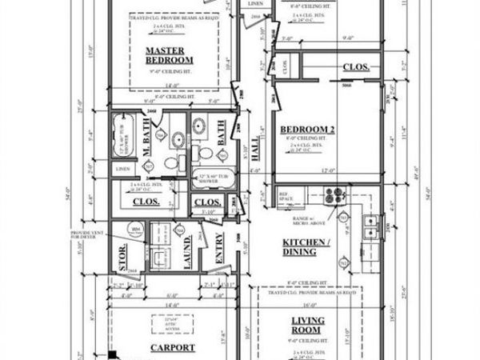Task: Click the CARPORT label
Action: (173, 347)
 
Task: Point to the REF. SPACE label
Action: (284, 194)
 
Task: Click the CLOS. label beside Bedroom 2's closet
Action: (356, 67)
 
